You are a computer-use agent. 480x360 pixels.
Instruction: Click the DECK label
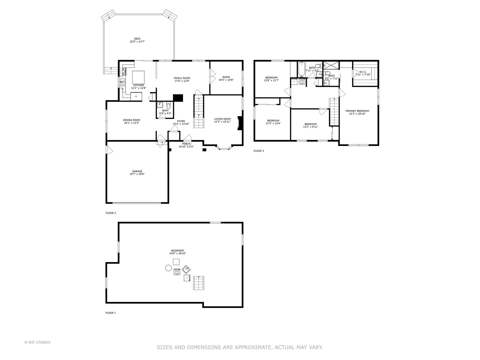137,39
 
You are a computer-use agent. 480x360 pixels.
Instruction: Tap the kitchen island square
138,77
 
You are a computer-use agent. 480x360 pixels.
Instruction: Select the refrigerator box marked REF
136,96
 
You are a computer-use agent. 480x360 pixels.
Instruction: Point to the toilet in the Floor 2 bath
169,106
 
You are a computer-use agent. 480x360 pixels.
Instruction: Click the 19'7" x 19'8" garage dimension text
137,174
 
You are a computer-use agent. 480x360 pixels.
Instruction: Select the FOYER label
181,121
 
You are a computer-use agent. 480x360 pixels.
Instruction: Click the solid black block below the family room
178,98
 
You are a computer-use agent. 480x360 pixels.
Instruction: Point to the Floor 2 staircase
198,111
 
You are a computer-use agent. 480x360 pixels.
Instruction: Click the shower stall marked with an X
331,65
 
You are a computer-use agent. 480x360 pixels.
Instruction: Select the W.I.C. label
363,72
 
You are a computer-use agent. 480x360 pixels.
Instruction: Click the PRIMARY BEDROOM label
357,111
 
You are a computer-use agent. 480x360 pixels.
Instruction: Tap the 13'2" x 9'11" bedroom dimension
310,127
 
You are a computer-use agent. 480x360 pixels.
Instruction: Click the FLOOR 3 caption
259,151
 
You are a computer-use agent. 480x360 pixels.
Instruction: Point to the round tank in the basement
168,268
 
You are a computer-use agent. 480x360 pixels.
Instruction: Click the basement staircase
199,283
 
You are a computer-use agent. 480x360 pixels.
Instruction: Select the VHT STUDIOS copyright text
38,342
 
